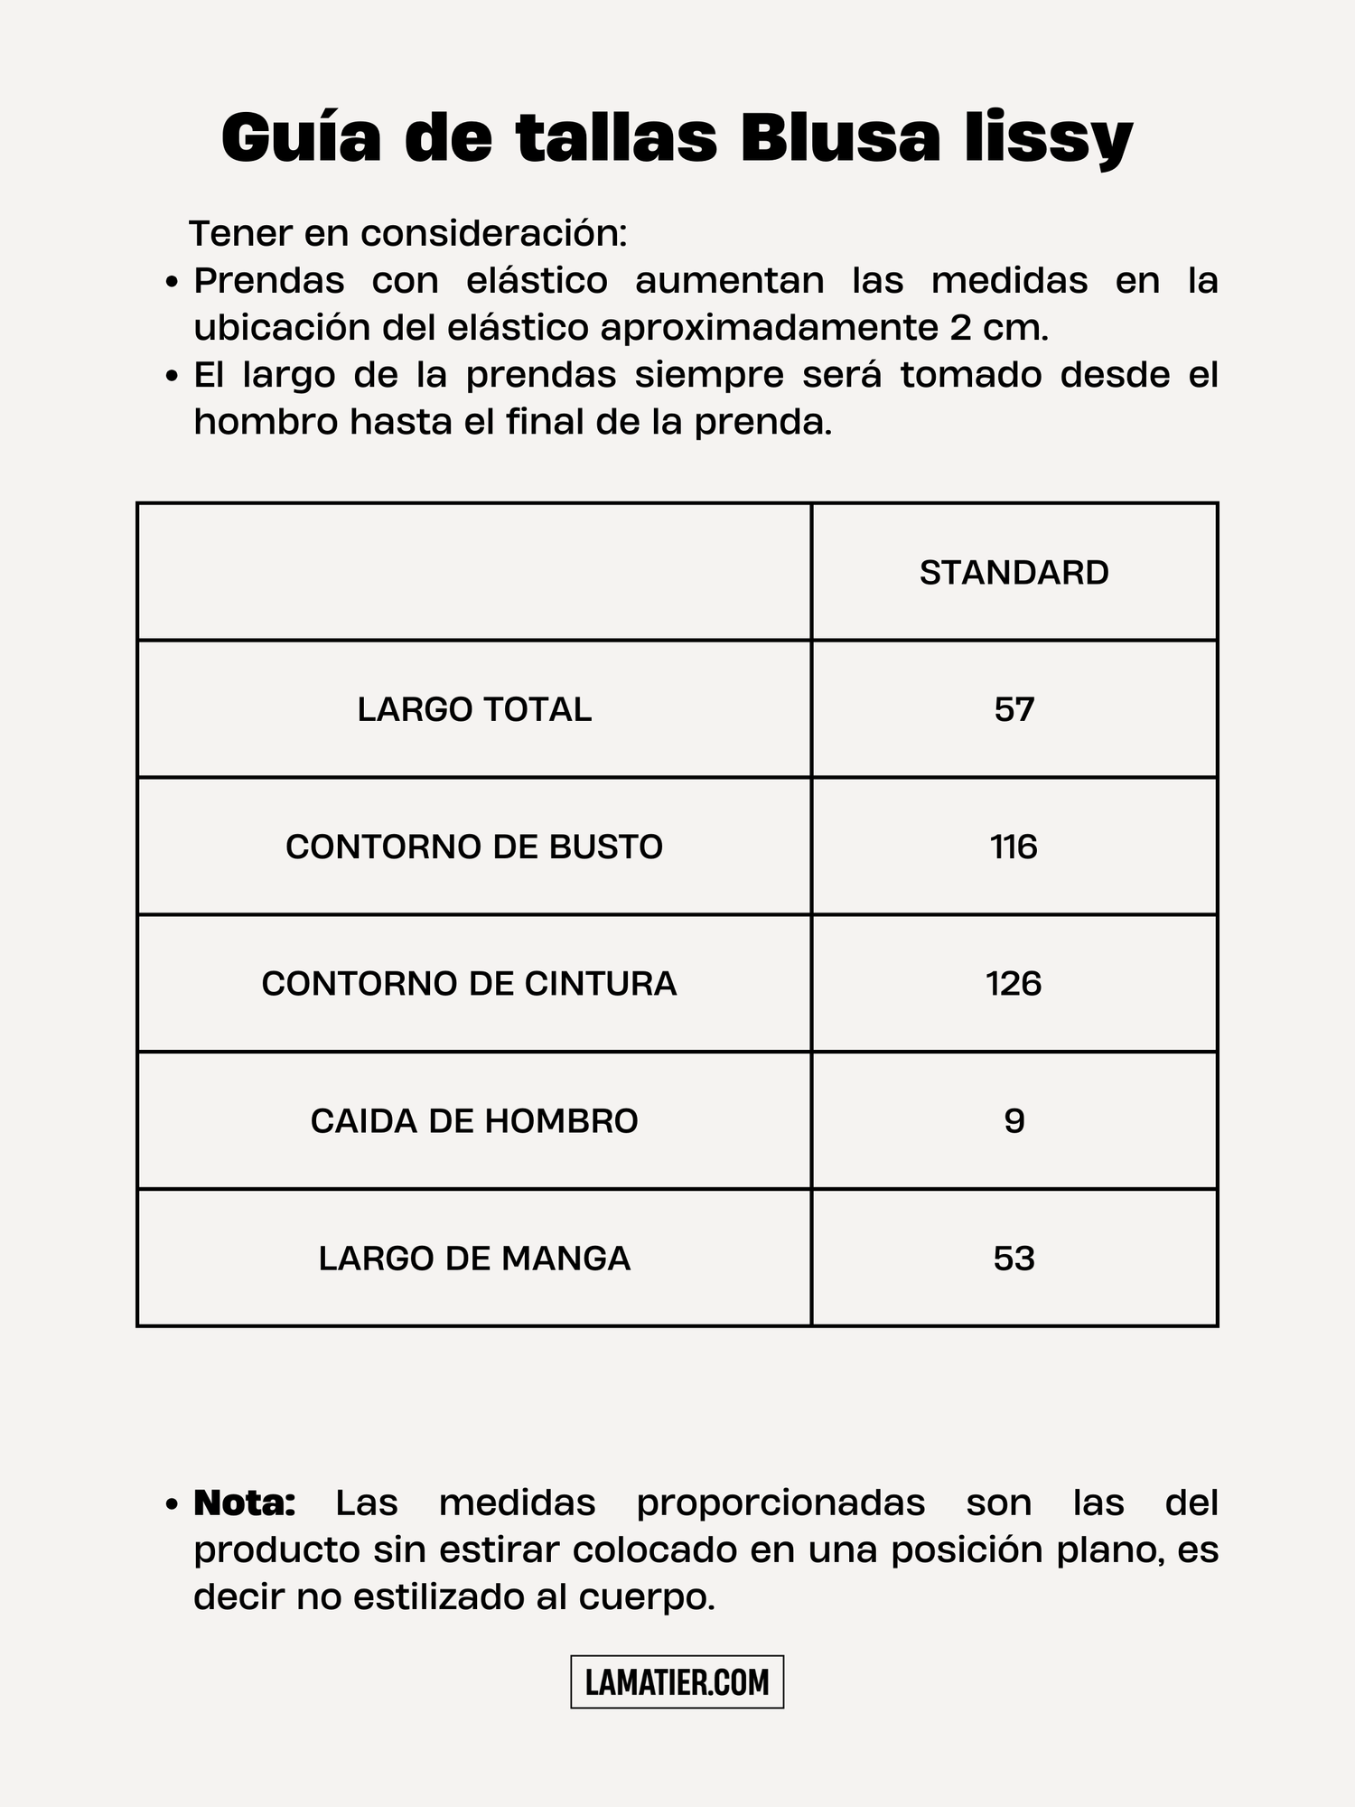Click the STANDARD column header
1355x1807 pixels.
[1014, 573]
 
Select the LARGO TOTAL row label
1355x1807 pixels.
[474, 709]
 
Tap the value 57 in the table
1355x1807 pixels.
[1014, 709]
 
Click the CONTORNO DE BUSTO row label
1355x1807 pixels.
[474, 847]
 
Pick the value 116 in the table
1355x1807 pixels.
[1014, 847]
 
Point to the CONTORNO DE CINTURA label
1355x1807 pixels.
[469, 983]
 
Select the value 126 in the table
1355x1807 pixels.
[1014, 983]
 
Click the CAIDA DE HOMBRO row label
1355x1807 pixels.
[474, 1121]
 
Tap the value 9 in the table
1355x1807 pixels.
[1014, 1121]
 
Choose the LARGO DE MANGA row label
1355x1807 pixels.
[474, 1259]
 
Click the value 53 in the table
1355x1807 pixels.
[1014, 1259]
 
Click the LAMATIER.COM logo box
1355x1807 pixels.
[677, 1682]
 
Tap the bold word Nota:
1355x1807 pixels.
[245, 1503]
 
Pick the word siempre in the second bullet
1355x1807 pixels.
[709, 375]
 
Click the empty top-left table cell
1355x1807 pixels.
[474, 572]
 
